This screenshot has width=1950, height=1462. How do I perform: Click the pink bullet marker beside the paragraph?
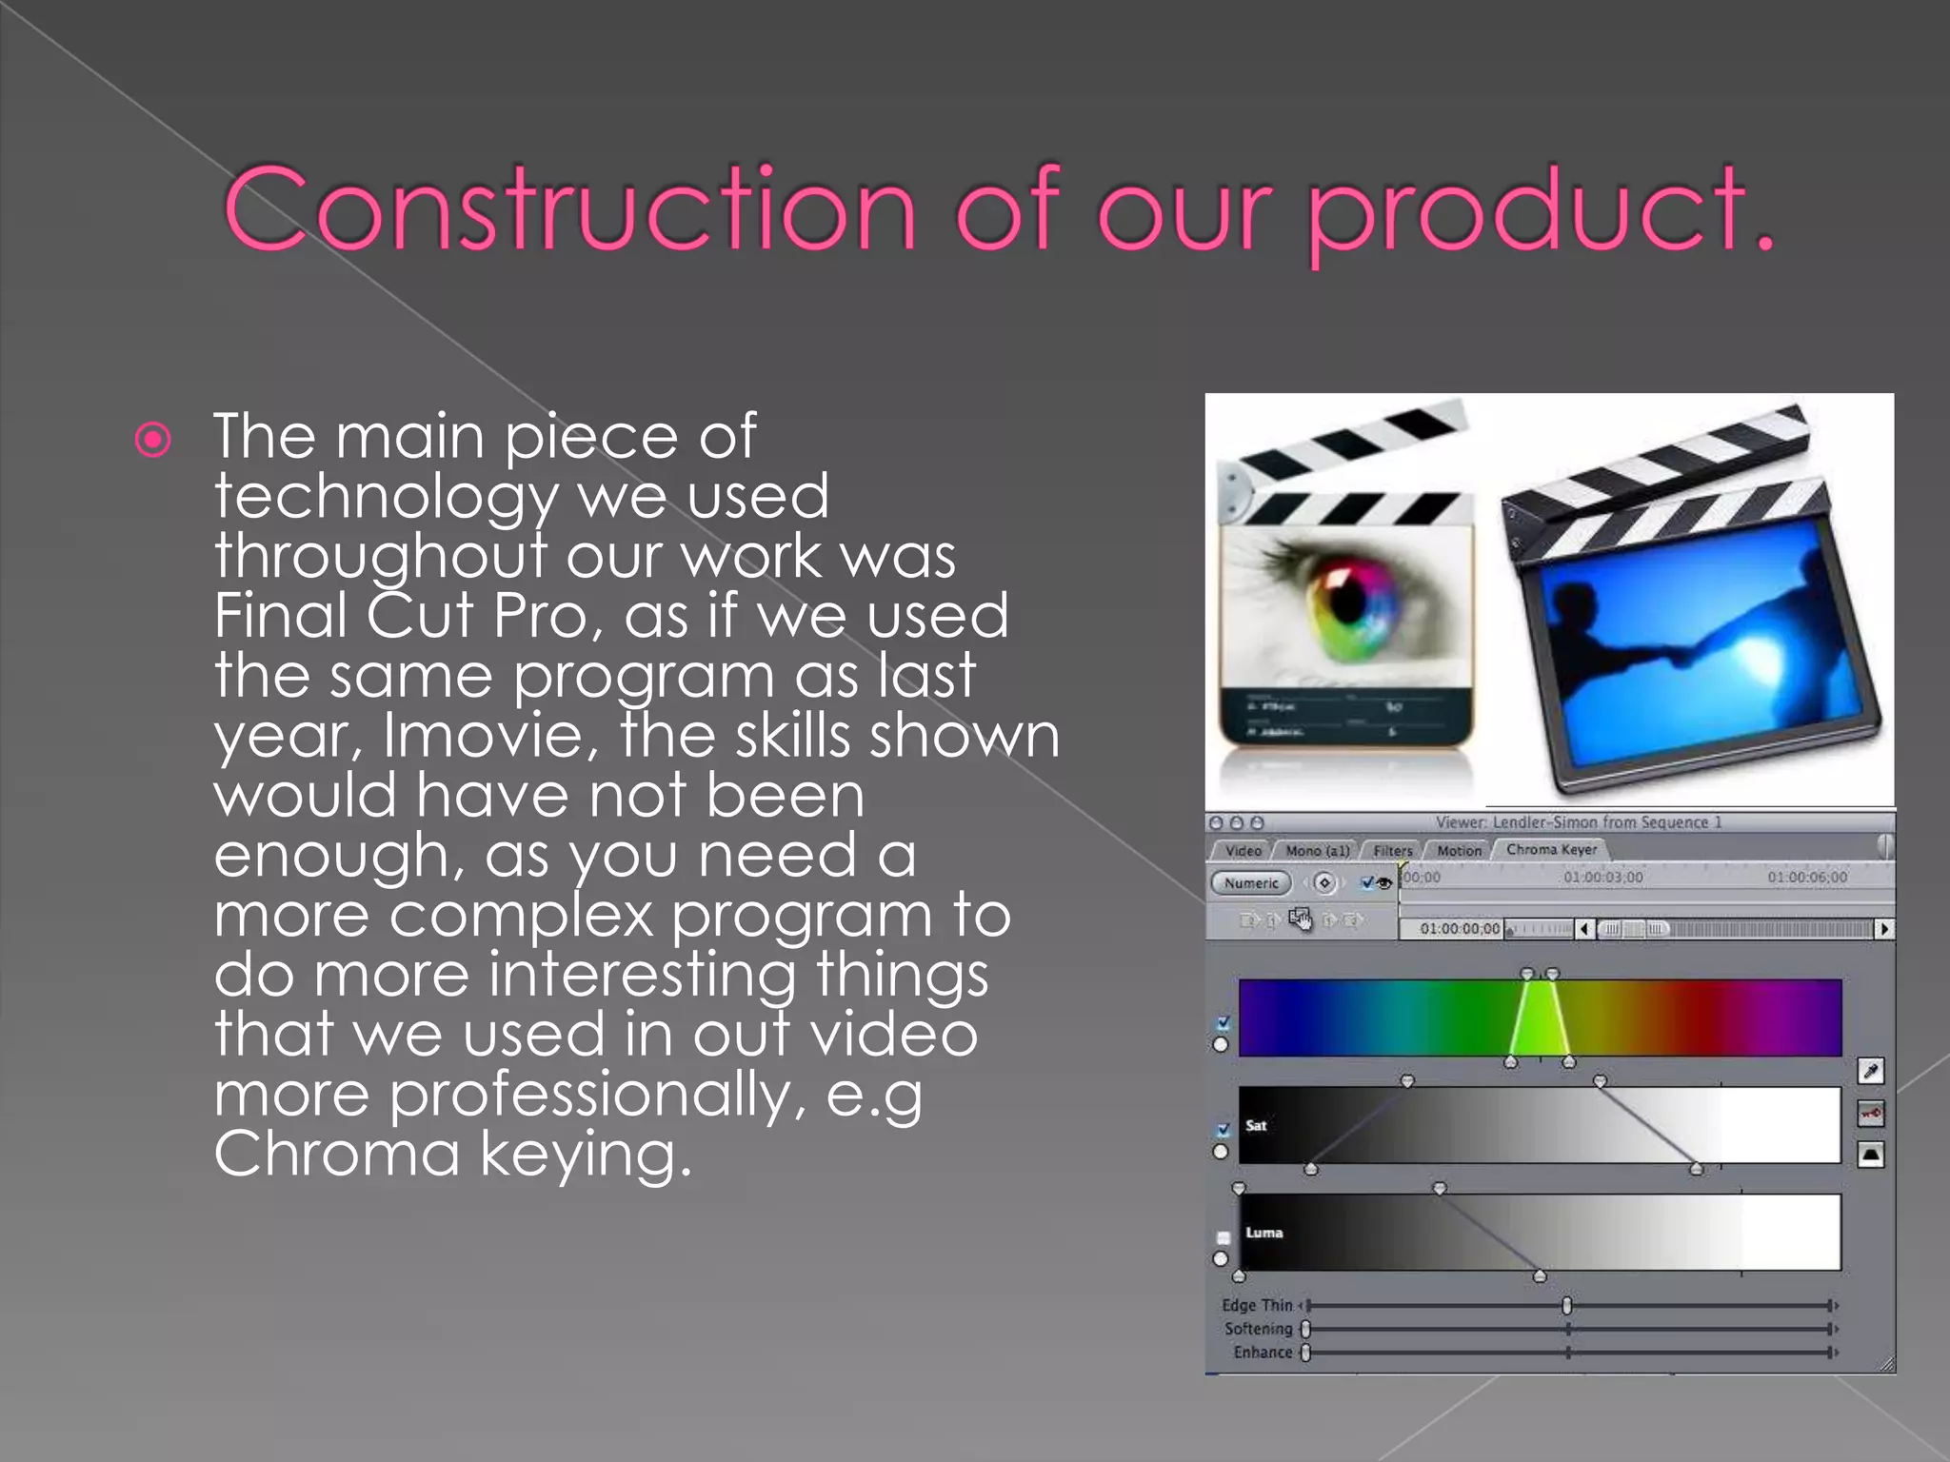[153, 440]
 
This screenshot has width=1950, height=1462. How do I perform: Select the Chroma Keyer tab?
[1551, 850]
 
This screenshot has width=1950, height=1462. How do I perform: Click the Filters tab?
[1392, 851]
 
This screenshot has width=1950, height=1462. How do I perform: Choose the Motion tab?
[1459, 851]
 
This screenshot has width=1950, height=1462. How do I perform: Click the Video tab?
[1243, 851]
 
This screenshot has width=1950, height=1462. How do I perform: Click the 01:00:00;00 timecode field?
[1458, 929]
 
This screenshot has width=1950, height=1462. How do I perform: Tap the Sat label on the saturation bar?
[1256, 1126]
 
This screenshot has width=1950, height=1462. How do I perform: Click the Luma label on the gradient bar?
[1264, 1233]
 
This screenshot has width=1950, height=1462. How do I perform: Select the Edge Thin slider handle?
[1566, 1306]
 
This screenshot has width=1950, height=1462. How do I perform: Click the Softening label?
[1258, 1329]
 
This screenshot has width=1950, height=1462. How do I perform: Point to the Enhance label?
[1263, 1353]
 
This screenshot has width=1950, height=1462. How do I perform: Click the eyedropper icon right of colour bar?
[1870, 1072]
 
